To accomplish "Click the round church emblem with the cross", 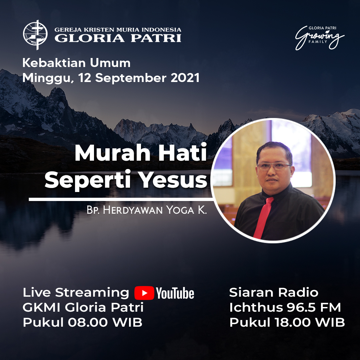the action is (35, 35).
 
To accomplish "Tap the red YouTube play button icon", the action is (144, 293).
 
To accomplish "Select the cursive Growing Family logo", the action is (320, 38).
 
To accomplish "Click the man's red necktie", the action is (264, 217).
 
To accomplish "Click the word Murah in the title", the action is (113, 153).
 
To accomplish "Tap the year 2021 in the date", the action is (185, 78).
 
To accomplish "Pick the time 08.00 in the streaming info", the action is (88, 322).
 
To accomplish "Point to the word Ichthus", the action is (256, 307).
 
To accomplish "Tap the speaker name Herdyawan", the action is (132, 210).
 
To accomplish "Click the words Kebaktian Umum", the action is (76, 63).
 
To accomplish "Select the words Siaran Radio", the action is (274, 293).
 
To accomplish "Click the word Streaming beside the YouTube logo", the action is (92, 293).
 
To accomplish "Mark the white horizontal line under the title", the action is (121, 199).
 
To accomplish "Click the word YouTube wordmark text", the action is (175, 293).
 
